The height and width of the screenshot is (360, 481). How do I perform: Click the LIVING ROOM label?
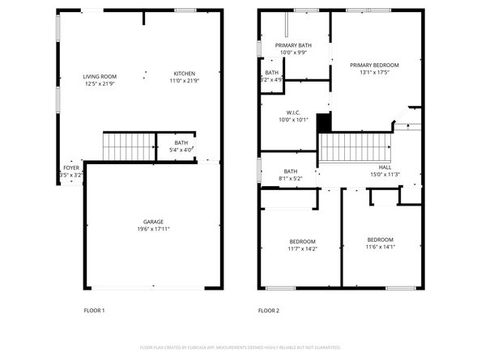click(x=100, y=76)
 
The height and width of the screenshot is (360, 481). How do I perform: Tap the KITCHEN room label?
click(x=184, y=76)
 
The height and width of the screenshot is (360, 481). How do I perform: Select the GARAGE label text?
click(x=153, y=222)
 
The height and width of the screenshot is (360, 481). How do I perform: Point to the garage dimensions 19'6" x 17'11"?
click(x=153, y=229)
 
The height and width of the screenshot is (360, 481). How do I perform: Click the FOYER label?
click(x=72, y=168)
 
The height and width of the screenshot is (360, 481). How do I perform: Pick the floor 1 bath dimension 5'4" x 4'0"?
click(x=181, y=150)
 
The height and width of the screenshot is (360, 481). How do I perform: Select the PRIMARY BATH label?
click(x=292, y=45)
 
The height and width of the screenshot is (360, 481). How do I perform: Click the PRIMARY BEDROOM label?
click(x=374, y=65)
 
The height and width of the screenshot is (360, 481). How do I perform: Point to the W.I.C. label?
click(x=293, y=112)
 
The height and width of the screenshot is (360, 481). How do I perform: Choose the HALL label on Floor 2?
click(x=385, y=167)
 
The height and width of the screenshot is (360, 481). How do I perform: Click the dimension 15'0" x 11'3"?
click(x=385, y=174)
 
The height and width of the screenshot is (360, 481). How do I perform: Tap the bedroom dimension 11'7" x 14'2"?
click(x=302, y=249)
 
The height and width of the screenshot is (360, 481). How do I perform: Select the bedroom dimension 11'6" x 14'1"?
click(x=380, y=247)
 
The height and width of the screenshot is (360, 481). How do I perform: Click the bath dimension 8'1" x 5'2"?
click(x=290, y=178)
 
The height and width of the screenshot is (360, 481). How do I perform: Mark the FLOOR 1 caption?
click(x=94, y=310)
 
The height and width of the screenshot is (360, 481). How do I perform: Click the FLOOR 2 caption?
click(x=268, y=310)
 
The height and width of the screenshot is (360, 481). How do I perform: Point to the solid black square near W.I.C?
click(x=324, y=122)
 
